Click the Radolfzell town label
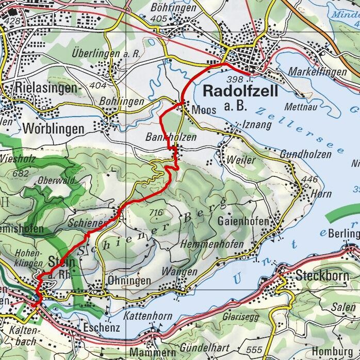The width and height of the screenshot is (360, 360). [240, 91]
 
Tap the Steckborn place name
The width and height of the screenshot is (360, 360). [322, 276]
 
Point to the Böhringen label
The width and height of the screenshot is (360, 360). [174, 8]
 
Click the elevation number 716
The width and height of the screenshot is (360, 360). [155, 212]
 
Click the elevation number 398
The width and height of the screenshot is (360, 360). [234, 79]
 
